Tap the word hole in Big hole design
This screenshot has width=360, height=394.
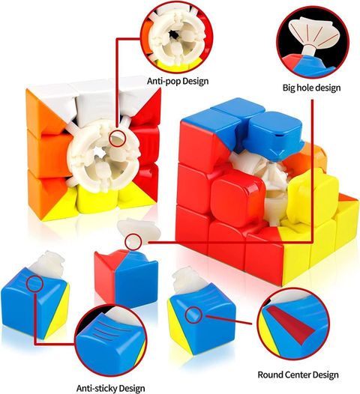point(304,88)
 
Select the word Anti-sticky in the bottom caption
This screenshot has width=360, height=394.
point(94,388)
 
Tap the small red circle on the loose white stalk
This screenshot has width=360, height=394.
point(133,242)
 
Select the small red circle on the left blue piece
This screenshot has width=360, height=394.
point(35,283)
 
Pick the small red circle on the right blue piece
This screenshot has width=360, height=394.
point(193,315)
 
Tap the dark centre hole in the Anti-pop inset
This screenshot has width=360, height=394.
point(173,34)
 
